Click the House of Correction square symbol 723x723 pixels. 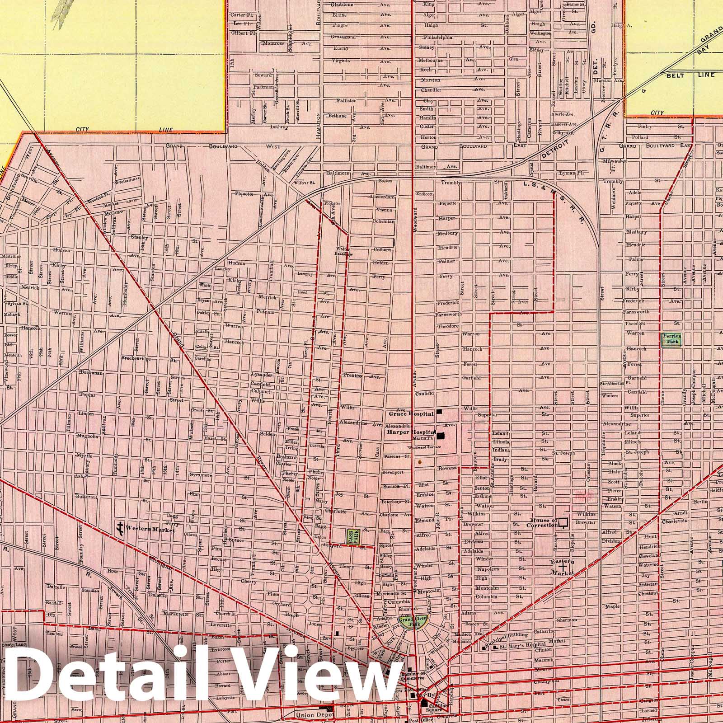[x=563, y=523]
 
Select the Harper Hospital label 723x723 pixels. [x=408, y=432]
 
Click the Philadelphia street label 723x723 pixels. [x=437, y=38]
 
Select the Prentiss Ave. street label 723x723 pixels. [x=361, y=376]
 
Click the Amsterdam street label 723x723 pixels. [x=382, y=197]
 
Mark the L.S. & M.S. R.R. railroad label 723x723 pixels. [x=556, y=199]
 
